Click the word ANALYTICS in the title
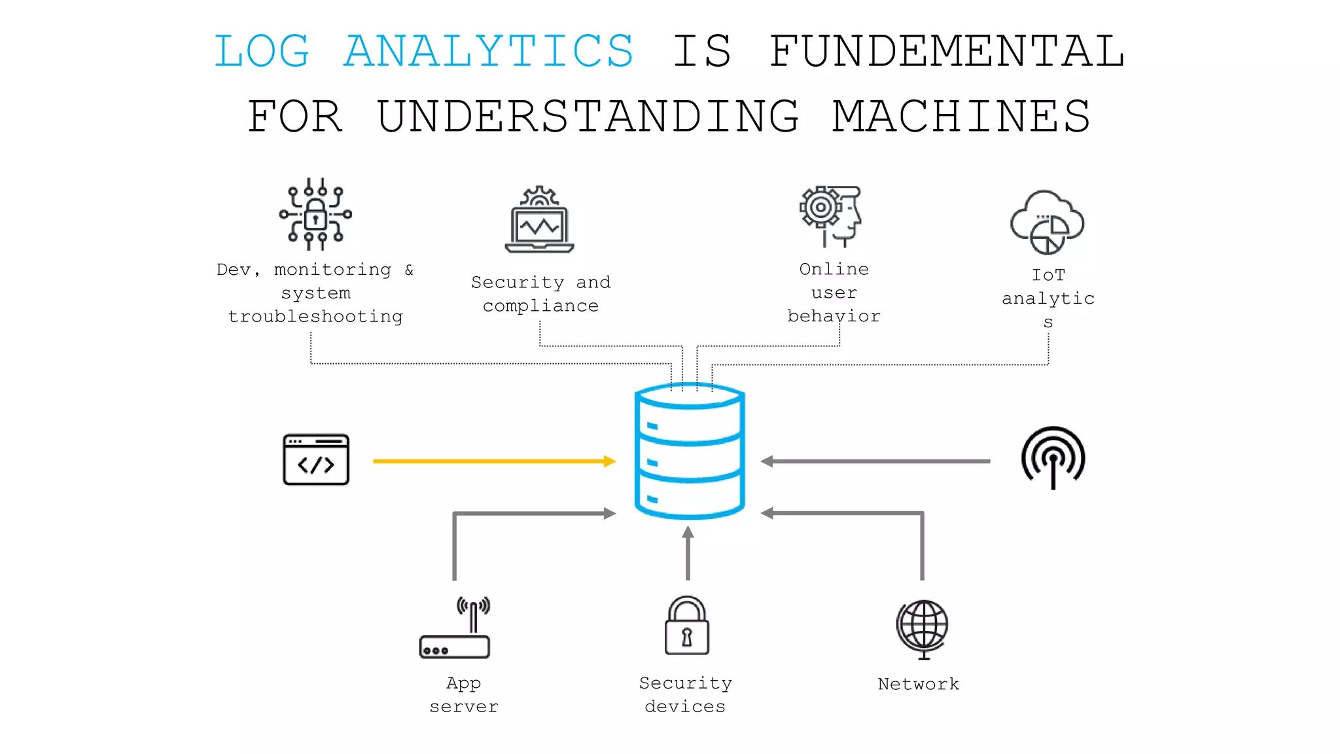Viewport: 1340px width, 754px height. coord(489,51)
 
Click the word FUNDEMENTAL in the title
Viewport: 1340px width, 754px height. coord(947,51)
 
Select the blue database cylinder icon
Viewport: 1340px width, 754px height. coord(689,452)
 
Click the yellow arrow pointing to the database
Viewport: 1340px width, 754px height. coord(494,461)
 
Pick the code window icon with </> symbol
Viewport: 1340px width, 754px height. coord(316,459)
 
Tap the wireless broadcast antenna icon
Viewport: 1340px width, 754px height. coord(1053,458)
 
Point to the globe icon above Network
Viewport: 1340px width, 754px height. coord(923,627)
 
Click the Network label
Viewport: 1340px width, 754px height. coord(918,684)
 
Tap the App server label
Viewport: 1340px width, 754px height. coord(463,694)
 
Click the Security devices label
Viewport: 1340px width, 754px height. coord(685,694)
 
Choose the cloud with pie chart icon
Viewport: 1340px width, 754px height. coord(1047,223)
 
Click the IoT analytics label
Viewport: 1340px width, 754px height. coord(1048,298)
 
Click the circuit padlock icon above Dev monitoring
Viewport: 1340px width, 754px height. coord(315,215)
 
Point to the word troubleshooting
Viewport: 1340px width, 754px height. coord(315,317)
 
